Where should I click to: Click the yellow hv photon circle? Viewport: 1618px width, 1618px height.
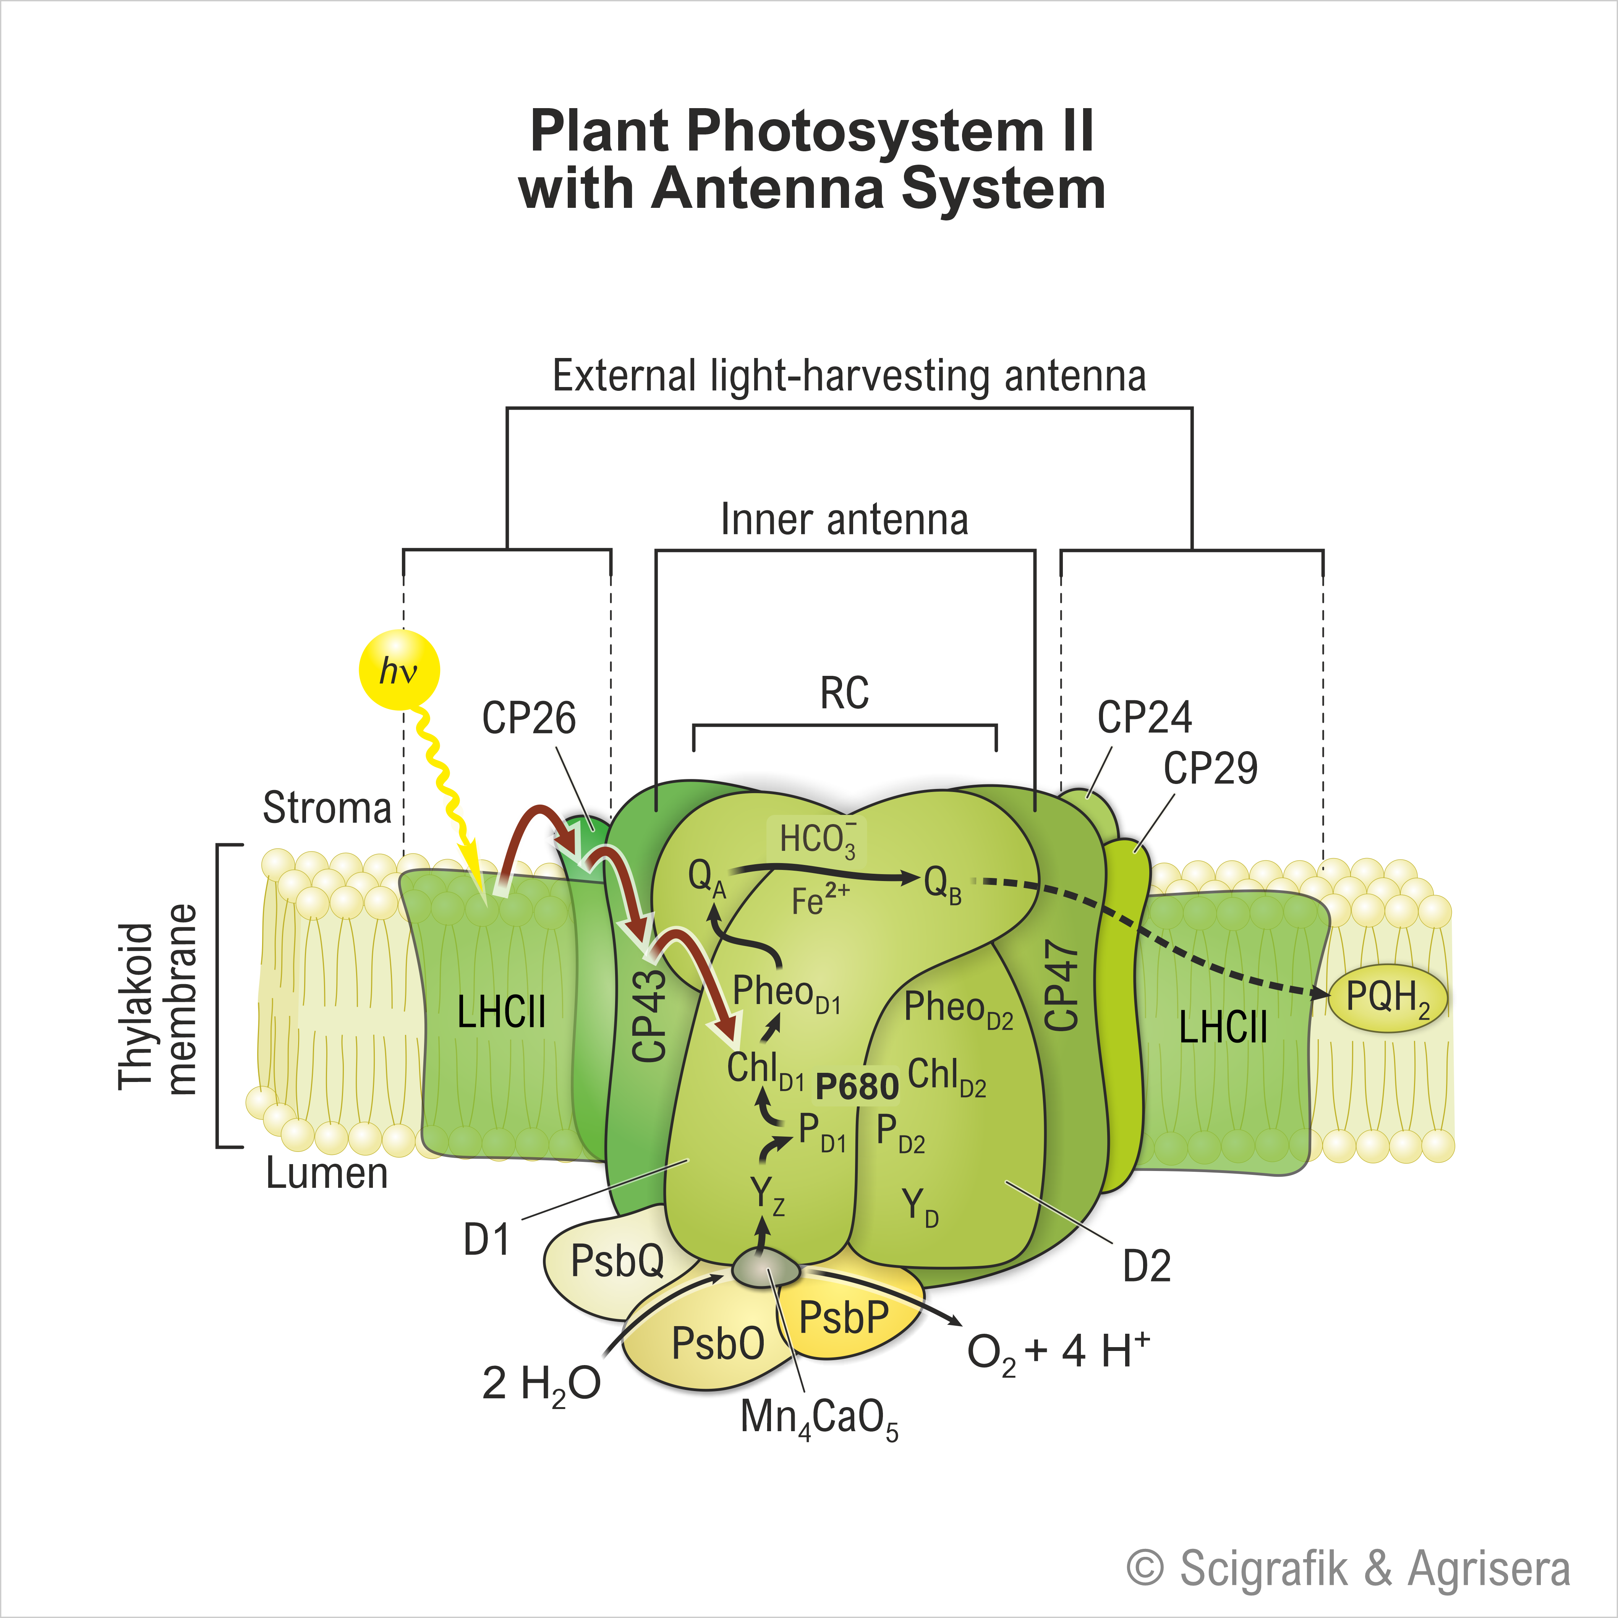tap(398, 670)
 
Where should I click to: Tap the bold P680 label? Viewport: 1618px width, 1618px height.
tap(857, 1086)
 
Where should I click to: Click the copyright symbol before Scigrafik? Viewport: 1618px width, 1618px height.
tap(1145, 1568)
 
